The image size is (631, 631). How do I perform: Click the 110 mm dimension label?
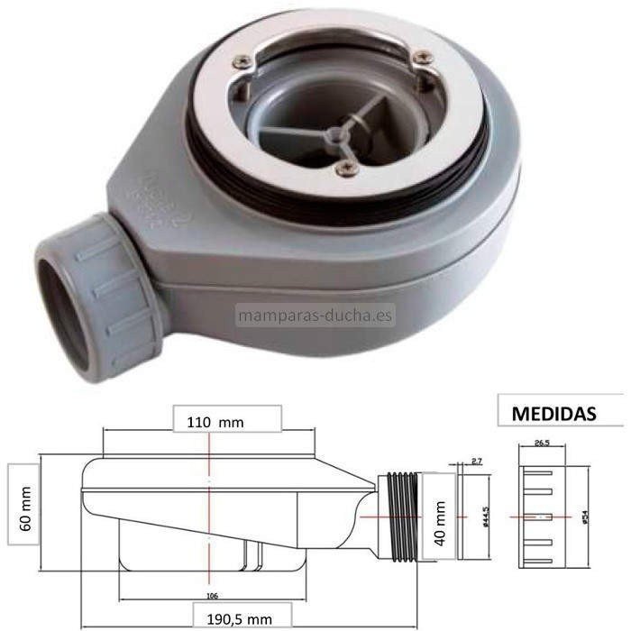pyautogui.click(x=215, y=421)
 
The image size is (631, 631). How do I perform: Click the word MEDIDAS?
pyautogui.click(x=553, y=414)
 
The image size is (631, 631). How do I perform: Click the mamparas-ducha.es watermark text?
pyautogui.click(x=315, y=315)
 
